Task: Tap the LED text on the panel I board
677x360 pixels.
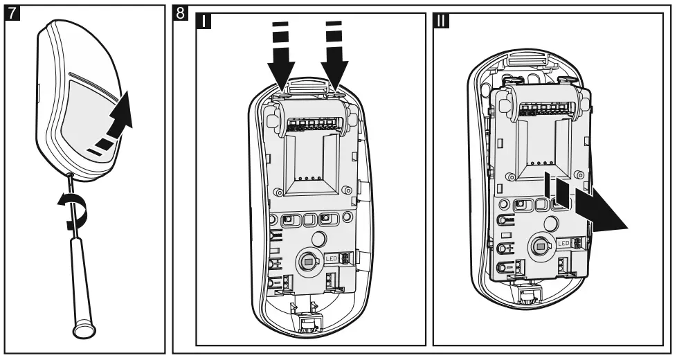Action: pos(331,257)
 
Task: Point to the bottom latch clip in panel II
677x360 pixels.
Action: pos(530,296)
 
